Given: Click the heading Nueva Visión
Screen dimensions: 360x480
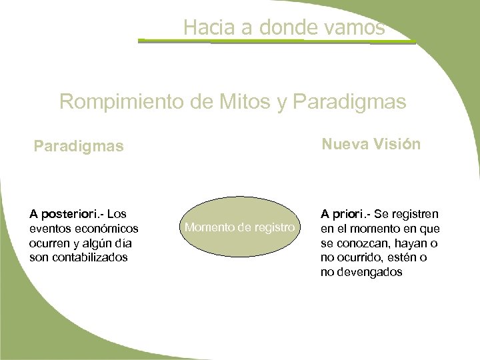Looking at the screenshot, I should [x=371, y=143].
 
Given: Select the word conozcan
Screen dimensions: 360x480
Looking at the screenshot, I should [x=363, y=243].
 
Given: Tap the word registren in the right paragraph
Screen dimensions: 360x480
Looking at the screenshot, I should [x=415, y=214].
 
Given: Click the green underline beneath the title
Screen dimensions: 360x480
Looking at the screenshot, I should [x=277, y=42].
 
